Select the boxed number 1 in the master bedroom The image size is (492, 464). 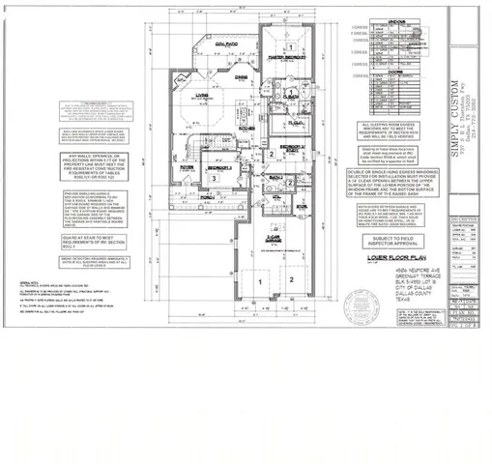(292, 45)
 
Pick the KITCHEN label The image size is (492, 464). (247, 126)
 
